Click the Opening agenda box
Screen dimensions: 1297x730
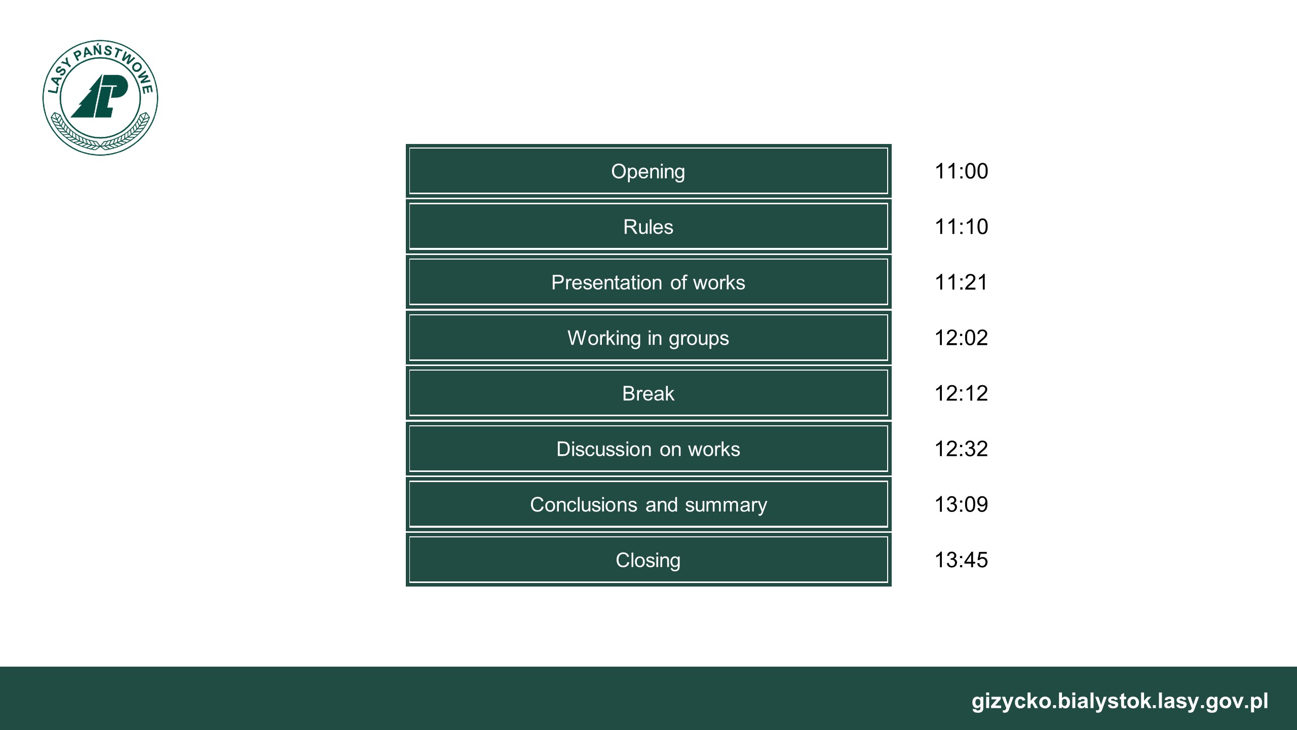pyautogui.click(x=648, y=171)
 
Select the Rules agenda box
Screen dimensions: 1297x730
pyautogui.click(x=648, y=227)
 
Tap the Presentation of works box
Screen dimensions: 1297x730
pyautogui.click(x=648, y=282)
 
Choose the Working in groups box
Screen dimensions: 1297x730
pyautogui.click(x=648, y=338)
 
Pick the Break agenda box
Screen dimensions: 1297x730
pyautogui.click(x=648, y=393)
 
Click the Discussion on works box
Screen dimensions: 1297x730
pyautogui.click(x=648, y=449)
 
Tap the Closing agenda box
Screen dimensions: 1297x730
pyautogui.click(x=648, y=560)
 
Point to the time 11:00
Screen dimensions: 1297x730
pyautogui.click(x=961, y=171)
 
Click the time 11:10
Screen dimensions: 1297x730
pyautogui.click(x=961, y=227)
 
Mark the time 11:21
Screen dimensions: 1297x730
pyautogui.click(x=961, y=282)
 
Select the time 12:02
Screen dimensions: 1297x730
pyautogui.click(x=961, y=338)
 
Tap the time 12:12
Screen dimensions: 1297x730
pyautogui.click(x=961, y=393)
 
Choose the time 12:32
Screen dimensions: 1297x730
pyautogui.click(x=961, y=449)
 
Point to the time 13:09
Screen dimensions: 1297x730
pyautogui.click(x=961, y=504)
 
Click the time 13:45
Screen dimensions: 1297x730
pyautogui.click(x=961, y=560)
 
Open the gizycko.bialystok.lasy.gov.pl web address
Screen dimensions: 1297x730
pyautogui.click(x=1120, y=702)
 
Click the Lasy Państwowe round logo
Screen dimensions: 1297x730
pyautogui.click(x=100, y=98)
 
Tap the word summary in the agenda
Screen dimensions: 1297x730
pyautogui.click(x=726, y=505)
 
